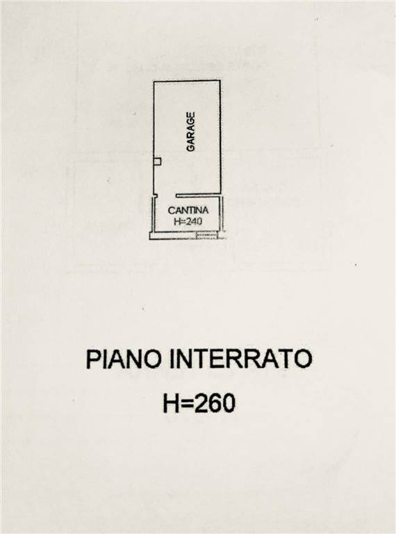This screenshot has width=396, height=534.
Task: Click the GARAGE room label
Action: tap(191, 132)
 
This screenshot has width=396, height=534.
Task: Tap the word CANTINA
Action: tap(188, 211)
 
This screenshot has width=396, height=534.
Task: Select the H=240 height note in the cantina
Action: tap(188, 221)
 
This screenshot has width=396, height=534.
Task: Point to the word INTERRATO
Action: tap(240, 359)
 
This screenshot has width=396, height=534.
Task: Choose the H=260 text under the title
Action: tap(199, 403)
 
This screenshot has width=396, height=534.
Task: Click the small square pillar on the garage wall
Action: tap(157, 161)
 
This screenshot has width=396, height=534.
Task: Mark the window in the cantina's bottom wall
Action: tap(207, 235)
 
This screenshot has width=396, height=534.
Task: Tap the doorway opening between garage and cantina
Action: tap(167, 196)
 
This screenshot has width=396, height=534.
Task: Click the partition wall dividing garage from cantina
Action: tap(198, 196)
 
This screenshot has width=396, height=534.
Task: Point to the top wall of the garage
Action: tap(187, 81)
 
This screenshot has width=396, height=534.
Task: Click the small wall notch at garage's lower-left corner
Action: tap(155, 196)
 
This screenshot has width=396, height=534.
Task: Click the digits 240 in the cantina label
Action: tap(194, 221)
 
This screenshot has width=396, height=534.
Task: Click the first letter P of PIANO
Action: tap(94, 359)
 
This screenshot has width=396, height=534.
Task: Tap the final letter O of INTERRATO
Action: tap(302, 359)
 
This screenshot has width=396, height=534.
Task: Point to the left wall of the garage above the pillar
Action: tap(154, 119)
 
